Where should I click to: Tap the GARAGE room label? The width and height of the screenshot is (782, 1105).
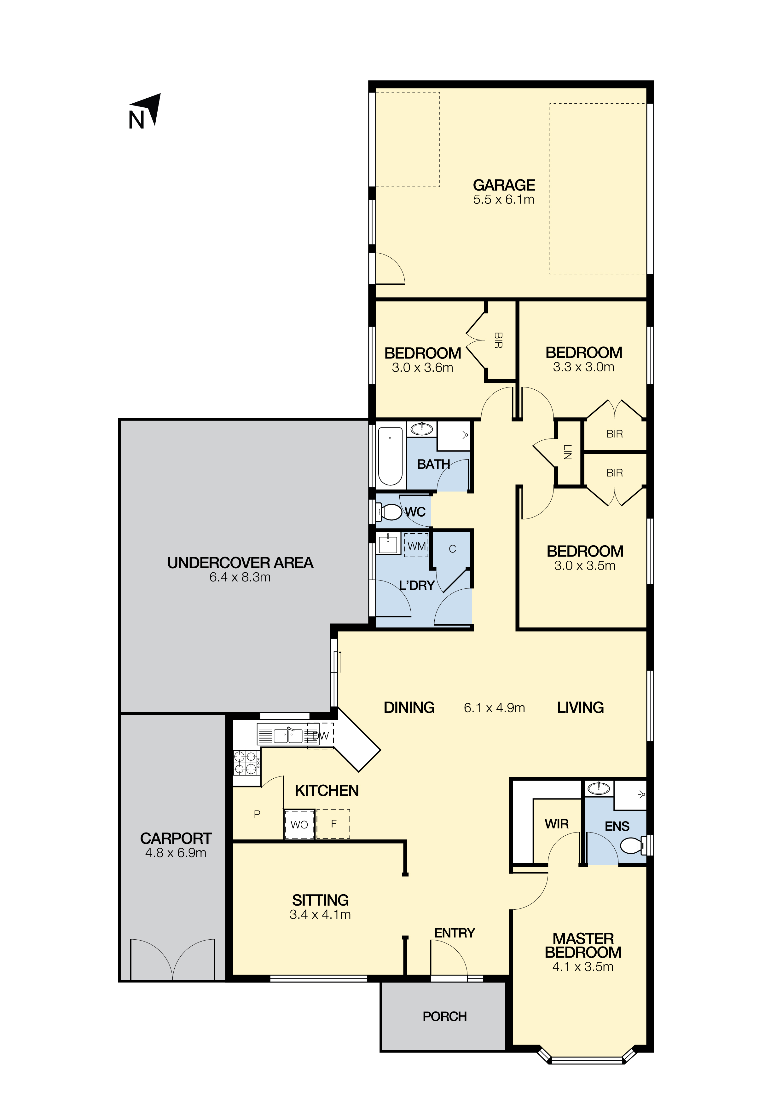[504, 185]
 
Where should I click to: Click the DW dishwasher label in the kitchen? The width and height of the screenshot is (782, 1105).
[320, 736]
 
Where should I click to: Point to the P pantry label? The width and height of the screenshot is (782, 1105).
[257, 814]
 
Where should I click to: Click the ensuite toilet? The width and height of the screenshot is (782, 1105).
[635, 845]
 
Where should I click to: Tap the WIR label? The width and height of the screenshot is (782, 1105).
[557, 824]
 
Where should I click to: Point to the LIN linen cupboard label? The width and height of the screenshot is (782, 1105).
[567, 452]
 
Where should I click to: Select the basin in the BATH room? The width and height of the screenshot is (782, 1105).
[422, 428]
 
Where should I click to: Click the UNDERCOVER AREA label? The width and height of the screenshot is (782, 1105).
[240, 563]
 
